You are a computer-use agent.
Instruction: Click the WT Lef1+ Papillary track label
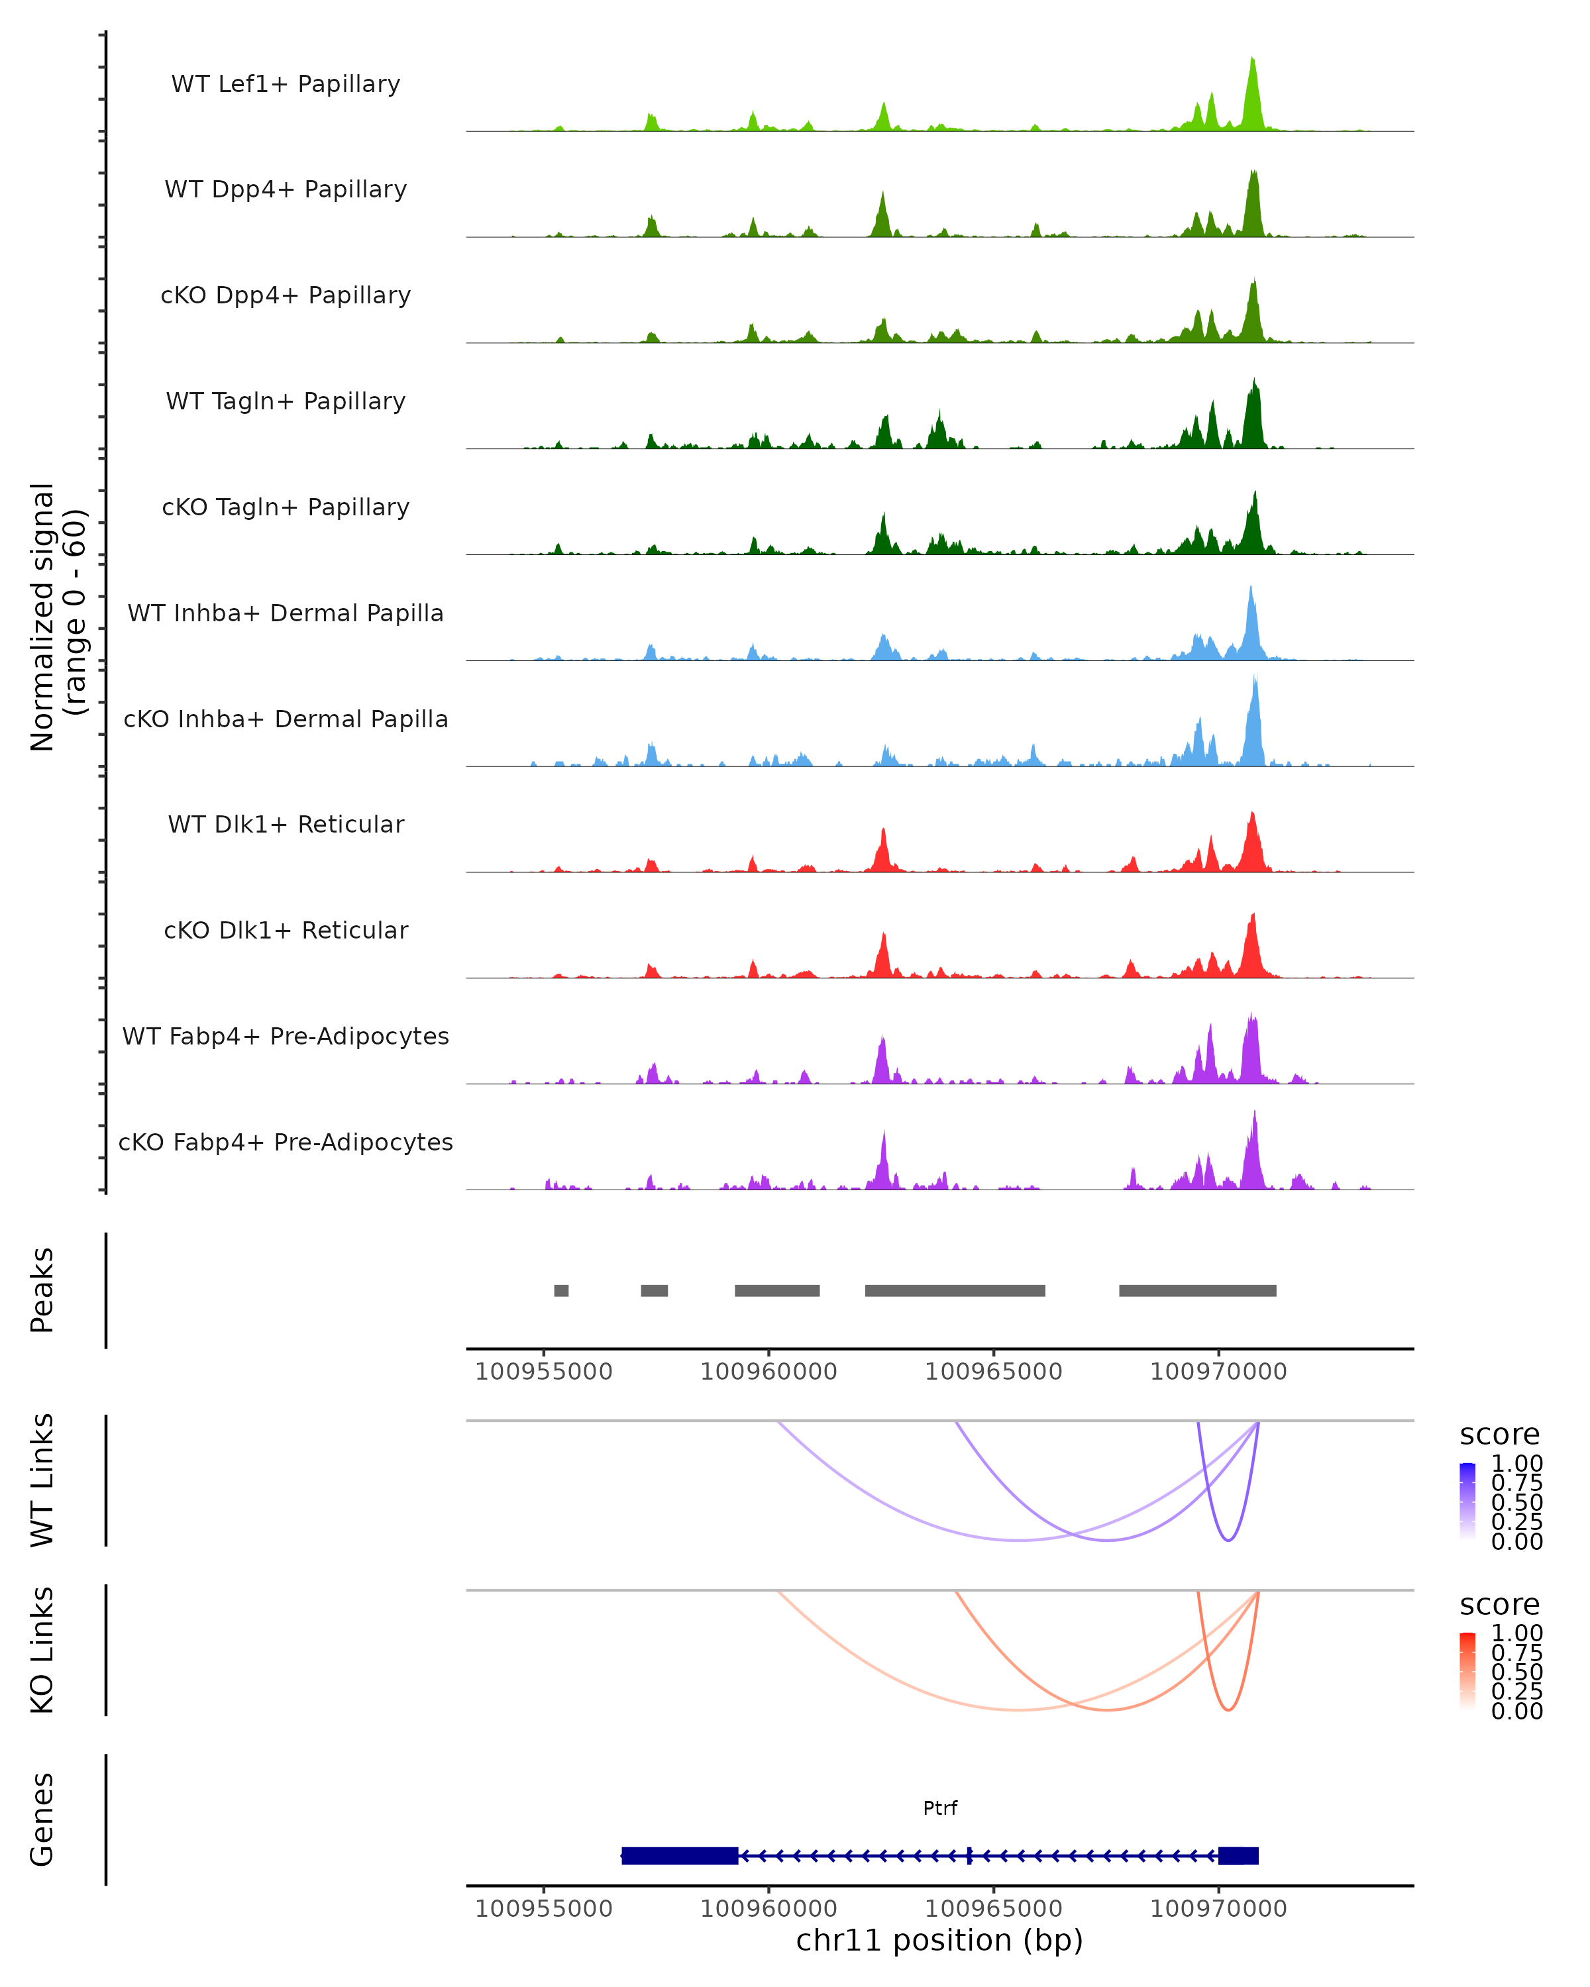(286, 84)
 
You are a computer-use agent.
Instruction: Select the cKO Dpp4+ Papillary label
(286, 295)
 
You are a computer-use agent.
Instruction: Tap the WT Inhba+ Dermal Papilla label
(286, 613)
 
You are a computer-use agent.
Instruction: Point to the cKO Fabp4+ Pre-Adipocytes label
(286, 1142)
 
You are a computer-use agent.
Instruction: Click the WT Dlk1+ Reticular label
(286, 824)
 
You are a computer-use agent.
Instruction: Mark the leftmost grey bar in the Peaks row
(561, 1290)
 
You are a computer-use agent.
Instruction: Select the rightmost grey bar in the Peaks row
(1197, 1290)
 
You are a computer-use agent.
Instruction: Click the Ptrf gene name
(940, 1808)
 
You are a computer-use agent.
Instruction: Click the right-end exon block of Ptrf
(1238, 1855)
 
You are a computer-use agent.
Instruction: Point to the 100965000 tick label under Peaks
(994, 1372)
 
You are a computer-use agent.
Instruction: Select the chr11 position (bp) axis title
(939, 1940)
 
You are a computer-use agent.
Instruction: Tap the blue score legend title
(1500, 1434)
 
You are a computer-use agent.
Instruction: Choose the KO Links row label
(42, 1650)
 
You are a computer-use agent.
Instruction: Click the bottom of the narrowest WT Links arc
(1228, 1540)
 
